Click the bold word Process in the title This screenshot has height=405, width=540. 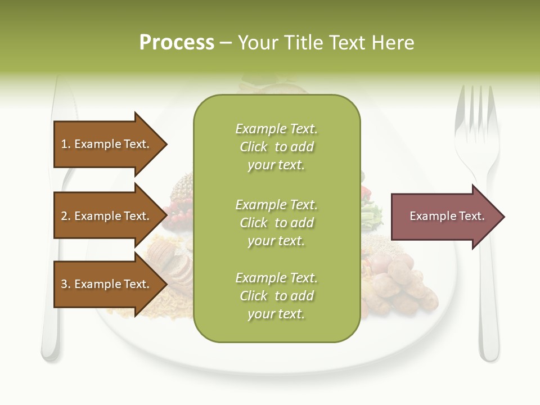click(177, 43)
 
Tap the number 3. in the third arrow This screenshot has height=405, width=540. click(66, 284)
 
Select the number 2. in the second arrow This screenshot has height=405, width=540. click(66, 216)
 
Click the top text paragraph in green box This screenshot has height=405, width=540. click(276, 147)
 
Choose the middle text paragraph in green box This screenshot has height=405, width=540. click(276, 223)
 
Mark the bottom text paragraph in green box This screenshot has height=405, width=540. click(276, 296)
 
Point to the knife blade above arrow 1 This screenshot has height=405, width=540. click(64, 101)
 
